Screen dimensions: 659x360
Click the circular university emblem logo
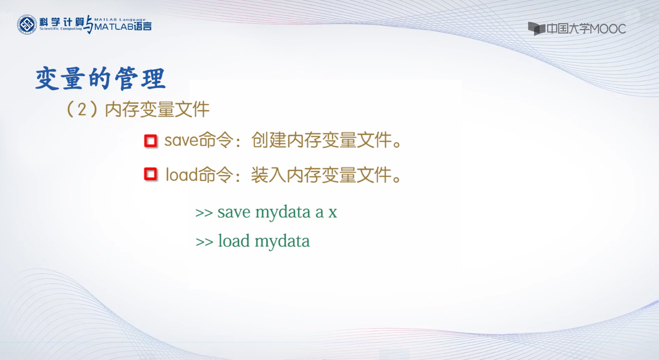click(x=27, y=24)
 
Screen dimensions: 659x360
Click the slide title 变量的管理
click(x=100, y=78)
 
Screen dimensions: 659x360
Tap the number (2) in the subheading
click(x=82, y=109)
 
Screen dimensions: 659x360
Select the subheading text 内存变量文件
click(x=157, y=110)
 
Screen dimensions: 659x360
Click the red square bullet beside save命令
click(x=151, y=140)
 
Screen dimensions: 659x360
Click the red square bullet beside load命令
click(x=151, y=174)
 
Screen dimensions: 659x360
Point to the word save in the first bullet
click(x=181, y=140)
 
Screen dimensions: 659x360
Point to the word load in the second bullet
click(x=182, y=174)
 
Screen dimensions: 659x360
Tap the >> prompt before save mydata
click(x=204, y=213)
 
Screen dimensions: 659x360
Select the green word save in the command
click(x=234, y=212)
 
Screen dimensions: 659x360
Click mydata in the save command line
click(x=283, y=213)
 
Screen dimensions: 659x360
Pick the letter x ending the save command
click(x=333, y=212)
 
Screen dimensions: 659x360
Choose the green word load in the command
click(x=234, y=240)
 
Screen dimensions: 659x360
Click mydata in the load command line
click(x=282, y=242)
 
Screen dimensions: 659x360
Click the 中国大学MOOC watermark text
click(x=586, y=29)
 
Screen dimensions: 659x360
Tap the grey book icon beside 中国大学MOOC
click(x=537, y=29)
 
